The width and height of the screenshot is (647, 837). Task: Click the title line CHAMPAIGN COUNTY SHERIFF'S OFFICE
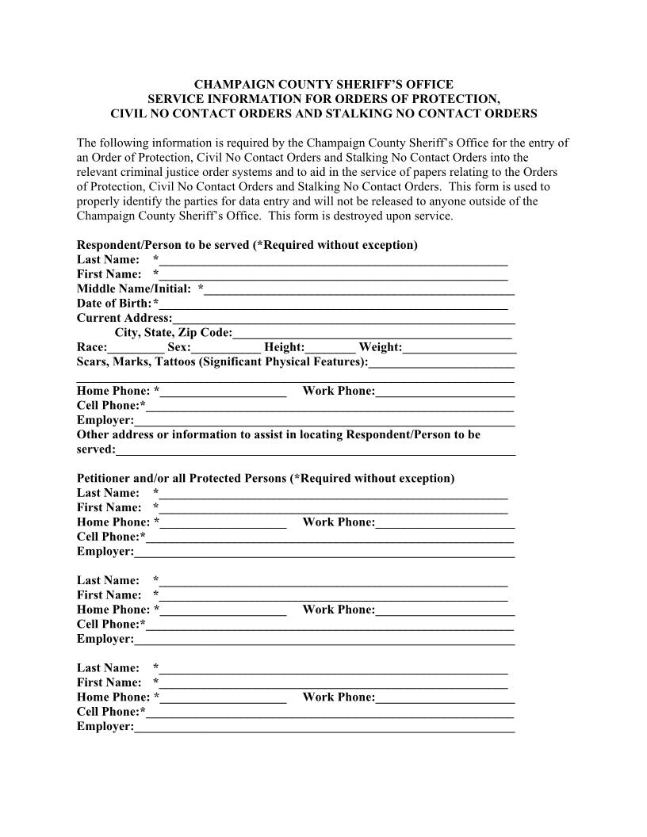coord(323,84)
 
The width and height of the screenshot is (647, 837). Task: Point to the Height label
coord(284,347)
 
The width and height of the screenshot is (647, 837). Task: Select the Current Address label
coord(124,318)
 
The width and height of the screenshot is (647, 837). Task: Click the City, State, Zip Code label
coord(174,333)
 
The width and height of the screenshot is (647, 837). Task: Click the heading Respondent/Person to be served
coord(247,245)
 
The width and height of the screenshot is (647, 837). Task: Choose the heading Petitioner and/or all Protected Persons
coord(266,479)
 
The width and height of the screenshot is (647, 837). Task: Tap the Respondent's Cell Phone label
coord(109,406)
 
